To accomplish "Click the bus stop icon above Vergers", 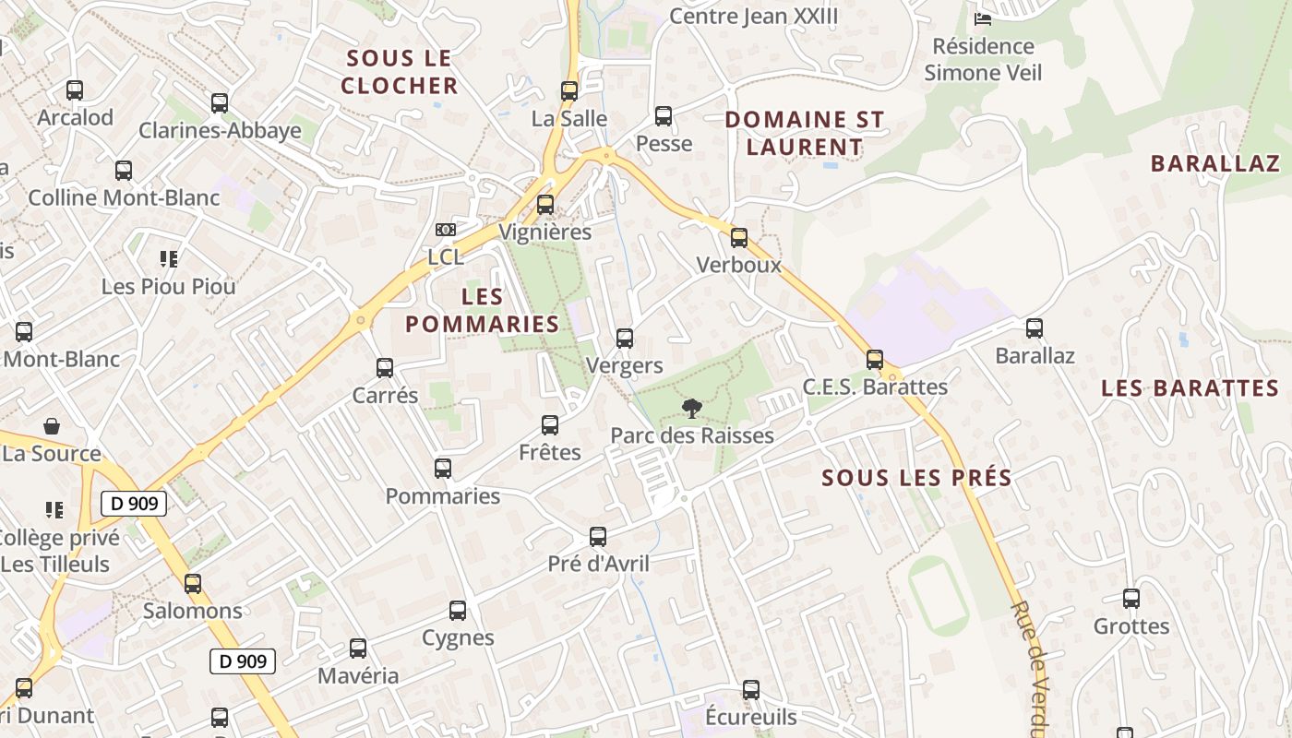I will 625,339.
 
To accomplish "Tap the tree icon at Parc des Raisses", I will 691,408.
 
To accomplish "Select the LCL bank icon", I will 446,230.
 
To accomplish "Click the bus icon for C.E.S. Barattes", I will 874,360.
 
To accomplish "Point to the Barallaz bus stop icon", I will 1035,328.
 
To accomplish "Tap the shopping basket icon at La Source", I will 52,426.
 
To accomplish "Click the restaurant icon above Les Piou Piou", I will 168,259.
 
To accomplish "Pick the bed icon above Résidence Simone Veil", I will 983,18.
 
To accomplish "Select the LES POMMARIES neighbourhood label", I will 482,311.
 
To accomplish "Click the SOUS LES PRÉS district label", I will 916,478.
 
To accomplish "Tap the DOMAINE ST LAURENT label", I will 804,133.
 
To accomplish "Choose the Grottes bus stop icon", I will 1131,599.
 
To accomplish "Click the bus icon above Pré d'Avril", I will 598,537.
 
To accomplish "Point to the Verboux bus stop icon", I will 738,238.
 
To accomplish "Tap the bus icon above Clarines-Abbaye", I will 220,103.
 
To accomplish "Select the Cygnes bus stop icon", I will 458,611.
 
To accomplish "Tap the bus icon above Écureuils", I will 751,690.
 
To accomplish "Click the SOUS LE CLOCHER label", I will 400,72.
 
